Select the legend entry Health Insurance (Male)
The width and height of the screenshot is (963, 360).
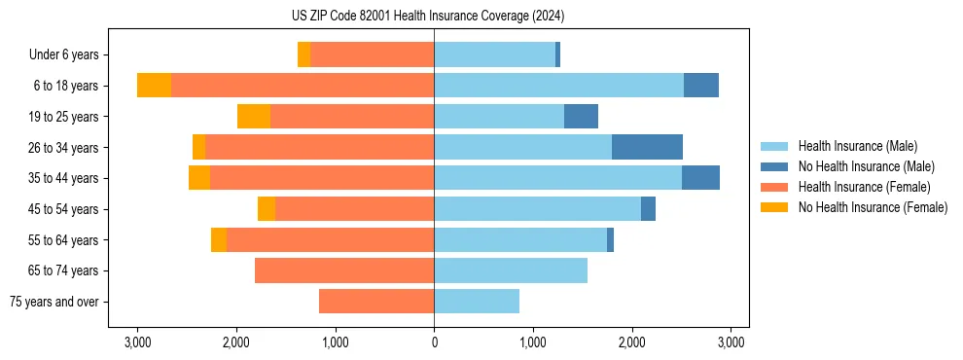click(857, 146)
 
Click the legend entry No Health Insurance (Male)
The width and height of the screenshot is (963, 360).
click(866, 166)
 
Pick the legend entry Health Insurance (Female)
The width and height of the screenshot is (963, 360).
click(864, 187)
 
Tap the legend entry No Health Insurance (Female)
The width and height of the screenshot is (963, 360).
click(873, 207)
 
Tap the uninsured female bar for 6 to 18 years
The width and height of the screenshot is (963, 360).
click(154, 86)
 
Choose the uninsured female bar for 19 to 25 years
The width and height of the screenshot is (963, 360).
click(254, 117)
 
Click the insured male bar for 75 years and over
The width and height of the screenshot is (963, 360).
click(477, 302)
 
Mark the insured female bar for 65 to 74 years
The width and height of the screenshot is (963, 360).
click(344, 270)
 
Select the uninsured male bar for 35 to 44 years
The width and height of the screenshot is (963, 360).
click(700, 178)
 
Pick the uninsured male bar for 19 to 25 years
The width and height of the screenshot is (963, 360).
click(581, 117)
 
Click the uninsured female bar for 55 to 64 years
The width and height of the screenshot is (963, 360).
click(219, 240)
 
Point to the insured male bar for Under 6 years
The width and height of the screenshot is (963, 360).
click(494, 55)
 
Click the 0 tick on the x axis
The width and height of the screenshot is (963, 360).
click(434, 342)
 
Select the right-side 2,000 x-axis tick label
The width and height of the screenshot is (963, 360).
click(632, 342)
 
